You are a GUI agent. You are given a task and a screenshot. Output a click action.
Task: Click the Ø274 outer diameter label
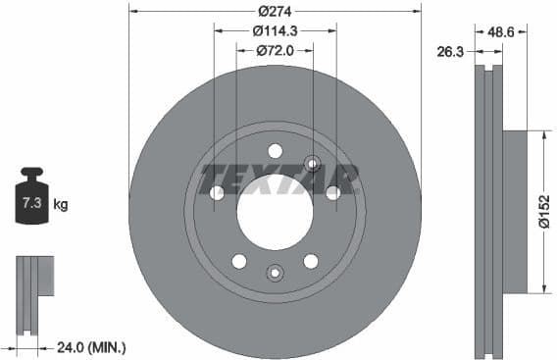(275, 11)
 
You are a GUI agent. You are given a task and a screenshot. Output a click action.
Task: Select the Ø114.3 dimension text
(275, 30)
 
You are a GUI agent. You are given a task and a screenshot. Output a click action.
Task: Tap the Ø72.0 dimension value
(276, 50)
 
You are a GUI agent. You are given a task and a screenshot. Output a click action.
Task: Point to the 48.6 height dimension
(501, 31)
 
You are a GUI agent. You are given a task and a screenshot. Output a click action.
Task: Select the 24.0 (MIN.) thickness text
(93, 346)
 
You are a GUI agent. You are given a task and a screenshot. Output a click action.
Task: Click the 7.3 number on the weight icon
(31, 204)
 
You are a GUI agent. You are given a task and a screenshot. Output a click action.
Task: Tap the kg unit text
(61, 205)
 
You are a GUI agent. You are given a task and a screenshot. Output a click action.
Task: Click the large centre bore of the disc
(275, 212)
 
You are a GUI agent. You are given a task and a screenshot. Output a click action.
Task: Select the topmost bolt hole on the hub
(275, 150)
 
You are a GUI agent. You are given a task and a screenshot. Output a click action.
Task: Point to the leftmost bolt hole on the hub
(217, 193)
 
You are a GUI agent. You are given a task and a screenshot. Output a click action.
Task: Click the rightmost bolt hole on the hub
(333, 193)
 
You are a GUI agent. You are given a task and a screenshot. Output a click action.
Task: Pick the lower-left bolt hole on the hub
(238, 261)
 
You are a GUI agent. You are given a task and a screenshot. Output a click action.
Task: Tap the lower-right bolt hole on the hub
(311, 261)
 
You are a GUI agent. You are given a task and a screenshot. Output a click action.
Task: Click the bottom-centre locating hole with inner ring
(275, 274)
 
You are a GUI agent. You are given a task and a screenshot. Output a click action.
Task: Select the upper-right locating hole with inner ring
(312, 163)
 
